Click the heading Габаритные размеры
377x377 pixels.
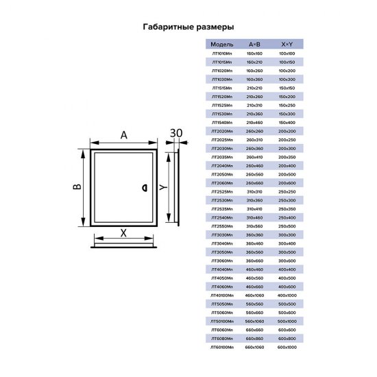tap(188, 27)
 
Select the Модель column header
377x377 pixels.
tap(223, 43)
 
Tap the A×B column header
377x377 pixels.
tap(254, 43)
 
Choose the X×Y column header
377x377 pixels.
tap(286, 43)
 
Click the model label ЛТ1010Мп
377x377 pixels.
tap(223, 52)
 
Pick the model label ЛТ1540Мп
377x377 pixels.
tap(223, 121)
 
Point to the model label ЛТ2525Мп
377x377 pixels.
tap(223, 191)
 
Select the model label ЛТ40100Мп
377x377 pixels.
tap(223, 295)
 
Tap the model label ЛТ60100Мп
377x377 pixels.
tap(223, 348)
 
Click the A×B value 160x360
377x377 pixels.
tap(254, 78)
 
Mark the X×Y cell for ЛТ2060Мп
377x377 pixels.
tap(287, 182)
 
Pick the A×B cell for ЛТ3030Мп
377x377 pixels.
tap(254, 234)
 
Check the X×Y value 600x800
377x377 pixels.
tap(287, 339)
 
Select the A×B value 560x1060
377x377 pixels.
tap(254, 321)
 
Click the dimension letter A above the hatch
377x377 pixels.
tap(124, 135)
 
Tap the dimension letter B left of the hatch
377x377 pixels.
tap(78, 187)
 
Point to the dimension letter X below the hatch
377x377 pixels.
tap(123, 232)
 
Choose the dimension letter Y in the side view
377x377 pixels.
tap(162, 187)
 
